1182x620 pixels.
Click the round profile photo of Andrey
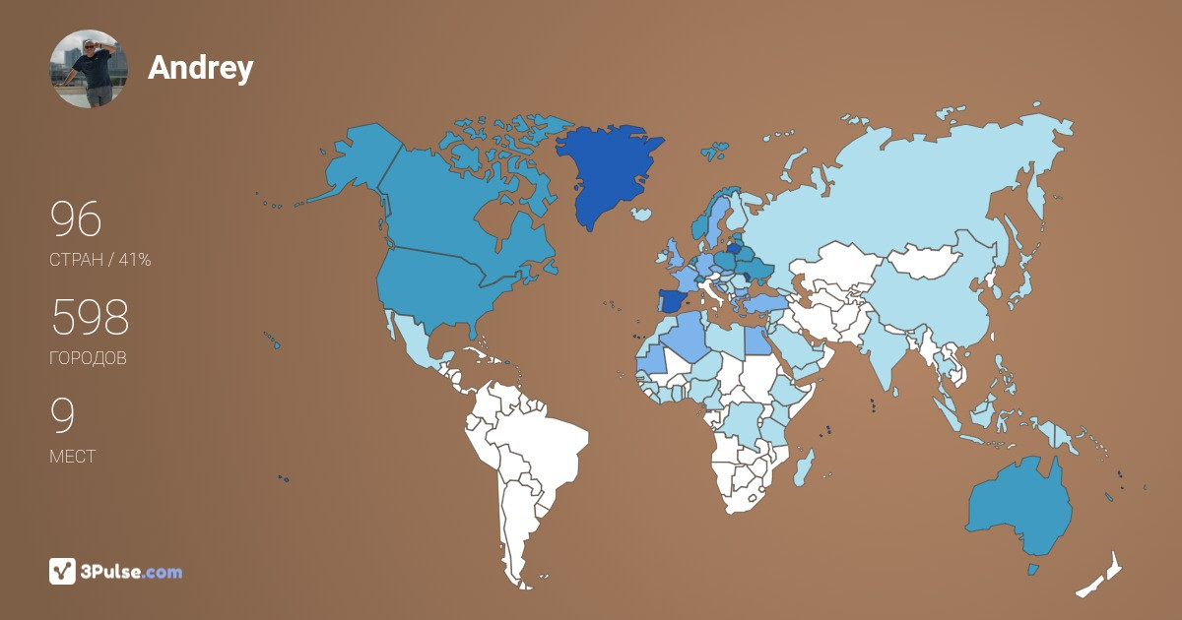[89, 68]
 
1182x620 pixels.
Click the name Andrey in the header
[200, 68]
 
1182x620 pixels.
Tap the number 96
[76, 219]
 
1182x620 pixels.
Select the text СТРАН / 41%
[99, 260]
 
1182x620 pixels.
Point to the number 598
[90, 318]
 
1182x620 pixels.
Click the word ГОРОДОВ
[88, 358]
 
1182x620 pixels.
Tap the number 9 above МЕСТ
[62, 416]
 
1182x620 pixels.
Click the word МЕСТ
[72, 457]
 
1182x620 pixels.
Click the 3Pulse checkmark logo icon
[62, 571]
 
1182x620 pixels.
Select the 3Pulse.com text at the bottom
[131, 572]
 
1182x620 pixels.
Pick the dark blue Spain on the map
[672, 301]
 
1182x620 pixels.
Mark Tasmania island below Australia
[1033, 570]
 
